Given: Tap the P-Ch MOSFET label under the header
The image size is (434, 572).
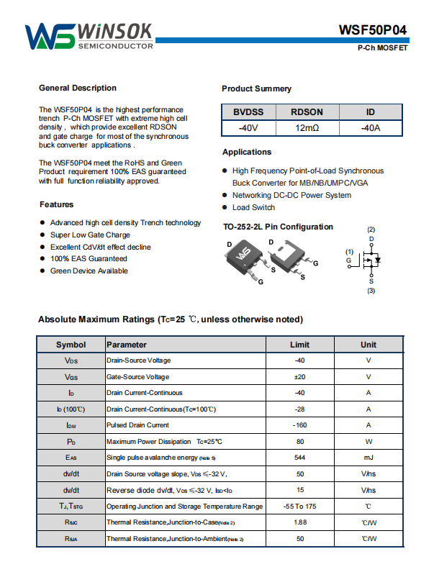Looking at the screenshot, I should tap(382, 48).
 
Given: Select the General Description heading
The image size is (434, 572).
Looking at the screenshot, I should tap(77, 88).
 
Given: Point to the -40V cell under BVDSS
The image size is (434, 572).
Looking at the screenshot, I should tap(248, 127).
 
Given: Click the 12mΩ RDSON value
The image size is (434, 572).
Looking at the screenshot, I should tap(307, 127).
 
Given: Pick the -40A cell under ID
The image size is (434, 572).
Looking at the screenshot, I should tap(370, 127).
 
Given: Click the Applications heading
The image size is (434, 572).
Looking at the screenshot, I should tap(247, 152).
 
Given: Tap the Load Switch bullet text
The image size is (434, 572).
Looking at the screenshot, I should tap(253, 207).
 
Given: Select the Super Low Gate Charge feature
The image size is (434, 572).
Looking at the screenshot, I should tap(90, 235).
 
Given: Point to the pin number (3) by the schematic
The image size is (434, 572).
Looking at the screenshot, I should tap(371, 291).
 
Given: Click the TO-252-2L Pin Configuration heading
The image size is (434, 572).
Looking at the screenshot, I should tap(278, 227).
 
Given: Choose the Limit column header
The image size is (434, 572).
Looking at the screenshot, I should tap(299, 345).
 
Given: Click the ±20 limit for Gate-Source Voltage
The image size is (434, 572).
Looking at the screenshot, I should tap(299, 376).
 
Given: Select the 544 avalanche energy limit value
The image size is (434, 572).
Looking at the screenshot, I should tap(299, 458).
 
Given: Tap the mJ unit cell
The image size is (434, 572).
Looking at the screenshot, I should tap(368, 458).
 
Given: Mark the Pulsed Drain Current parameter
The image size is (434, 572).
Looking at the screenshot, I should tap(137, 425).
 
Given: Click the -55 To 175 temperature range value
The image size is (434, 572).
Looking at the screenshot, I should tap(299, 507).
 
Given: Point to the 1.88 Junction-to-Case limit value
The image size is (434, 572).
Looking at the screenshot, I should tap(299, 522).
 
